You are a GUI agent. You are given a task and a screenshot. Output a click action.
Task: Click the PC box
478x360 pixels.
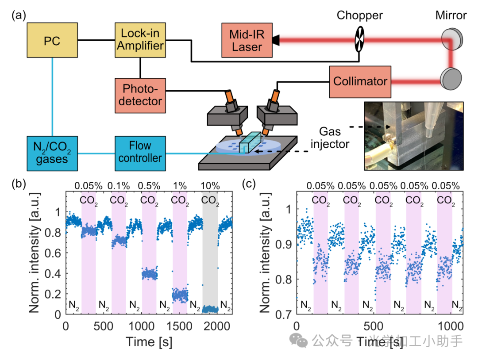point(52,41)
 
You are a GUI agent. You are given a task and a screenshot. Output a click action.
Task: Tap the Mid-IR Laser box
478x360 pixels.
point(247,41)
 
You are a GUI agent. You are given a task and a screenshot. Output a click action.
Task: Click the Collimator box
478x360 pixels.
point(360,81)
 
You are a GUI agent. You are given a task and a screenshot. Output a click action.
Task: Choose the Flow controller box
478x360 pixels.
point(140,152)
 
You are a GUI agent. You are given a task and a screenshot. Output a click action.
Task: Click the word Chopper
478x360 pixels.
point(360,16)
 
